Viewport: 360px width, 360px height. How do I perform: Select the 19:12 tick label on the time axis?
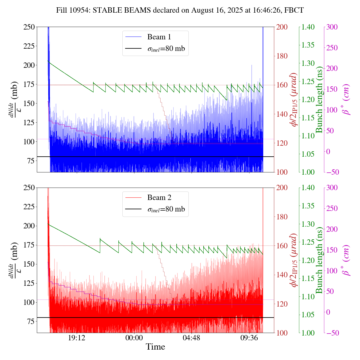(x=77, y=337)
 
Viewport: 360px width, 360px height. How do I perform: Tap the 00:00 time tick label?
(x=134, y=337)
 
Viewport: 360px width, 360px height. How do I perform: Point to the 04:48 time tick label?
(x=191, y=337)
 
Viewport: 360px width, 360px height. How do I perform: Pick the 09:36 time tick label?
(x=249, y=337)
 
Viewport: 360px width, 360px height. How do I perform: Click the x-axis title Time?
(x=155, y=347)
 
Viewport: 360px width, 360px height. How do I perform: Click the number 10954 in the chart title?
(x=78, y=10)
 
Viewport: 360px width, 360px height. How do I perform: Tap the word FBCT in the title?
(x=294, y=10)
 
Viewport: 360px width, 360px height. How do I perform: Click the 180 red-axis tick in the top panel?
(x=282, y=56)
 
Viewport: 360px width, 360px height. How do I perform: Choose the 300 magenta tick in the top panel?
(x=332, y=27)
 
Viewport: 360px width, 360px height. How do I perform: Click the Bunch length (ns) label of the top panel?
(x=319, y=100)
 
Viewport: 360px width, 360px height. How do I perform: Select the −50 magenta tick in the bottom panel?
(x=331, y=333)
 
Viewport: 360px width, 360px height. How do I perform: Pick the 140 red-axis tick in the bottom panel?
(x=282, y=275)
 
